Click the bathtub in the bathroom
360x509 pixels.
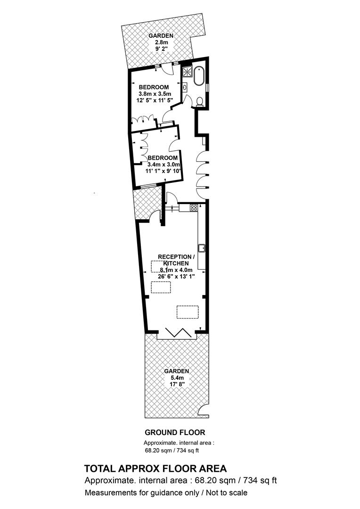click(198, 76)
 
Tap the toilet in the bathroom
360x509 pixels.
click(200, 102)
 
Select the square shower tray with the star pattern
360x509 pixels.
click(188, 72)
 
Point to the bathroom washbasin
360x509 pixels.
click(185, 87)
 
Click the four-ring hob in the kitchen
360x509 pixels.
click(194, 207)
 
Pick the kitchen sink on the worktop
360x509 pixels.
click(202, 247)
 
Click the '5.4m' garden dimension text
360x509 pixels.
click(177, 378)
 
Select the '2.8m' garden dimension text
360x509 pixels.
click(161, 42)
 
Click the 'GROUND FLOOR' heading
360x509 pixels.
click(175, 432)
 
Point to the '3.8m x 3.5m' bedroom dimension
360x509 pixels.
click(155, 94)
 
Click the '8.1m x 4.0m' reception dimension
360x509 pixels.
click(176, 270)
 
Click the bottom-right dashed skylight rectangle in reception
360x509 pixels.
click(188, 312)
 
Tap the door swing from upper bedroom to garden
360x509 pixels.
click(166, 68)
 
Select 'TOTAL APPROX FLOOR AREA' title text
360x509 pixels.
click(155, 469)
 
